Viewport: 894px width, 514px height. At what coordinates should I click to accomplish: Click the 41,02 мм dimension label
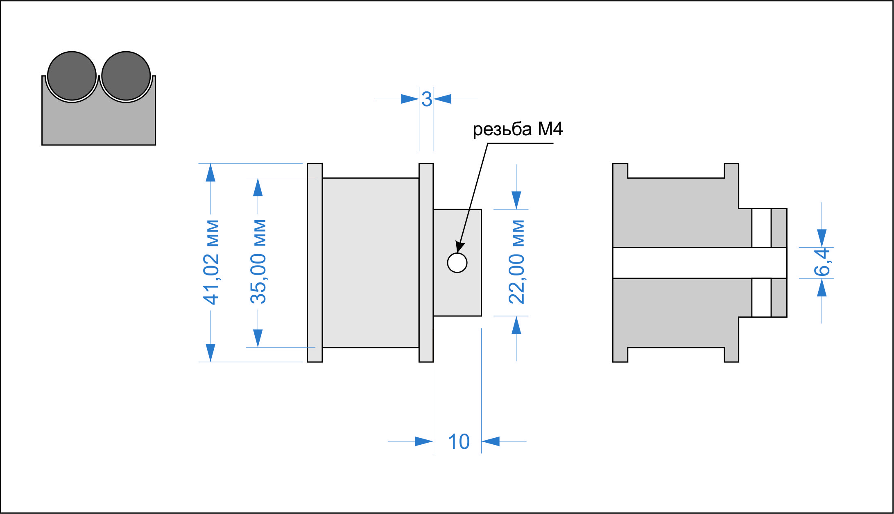(211, 262)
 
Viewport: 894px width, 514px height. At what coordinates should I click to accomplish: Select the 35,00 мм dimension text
(258, 262)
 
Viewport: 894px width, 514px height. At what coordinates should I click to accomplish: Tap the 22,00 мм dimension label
(516, 262)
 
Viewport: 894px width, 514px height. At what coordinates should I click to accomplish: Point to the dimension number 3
(427, 99)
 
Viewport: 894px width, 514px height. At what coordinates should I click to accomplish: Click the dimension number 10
(459, 442)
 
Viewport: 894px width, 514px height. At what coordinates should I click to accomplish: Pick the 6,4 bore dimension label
(822, 262)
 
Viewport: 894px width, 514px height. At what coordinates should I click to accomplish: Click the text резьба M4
(518, 129)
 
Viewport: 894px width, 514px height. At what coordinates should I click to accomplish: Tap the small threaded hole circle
(457, 263)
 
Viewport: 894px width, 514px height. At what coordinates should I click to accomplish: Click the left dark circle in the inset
(72, 76)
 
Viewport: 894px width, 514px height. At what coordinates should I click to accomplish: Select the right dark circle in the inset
(126, 76)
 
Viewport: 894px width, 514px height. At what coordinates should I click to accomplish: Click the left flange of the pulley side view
(315, 263)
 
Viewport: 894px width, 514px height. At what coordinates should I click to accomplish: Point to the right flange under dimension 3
(426, 263)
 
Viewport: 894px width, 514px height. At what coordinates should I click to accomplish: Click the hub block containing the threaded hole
(457, 263)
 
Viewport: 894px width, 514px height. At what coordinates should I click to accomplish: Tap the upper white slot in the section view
(761, 228)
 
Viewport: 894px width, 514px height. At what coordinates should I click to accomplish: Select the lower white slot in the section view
(761, 298)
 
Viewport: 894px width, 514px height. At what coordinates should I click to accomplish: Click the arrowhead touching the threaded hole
(460, 247)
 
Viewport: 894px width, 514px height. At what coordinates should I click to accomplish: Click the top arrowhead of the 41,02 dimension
(210, 172)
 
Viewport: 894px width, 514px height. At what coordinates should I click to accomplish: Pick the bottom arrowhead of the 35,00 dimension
(258, 339)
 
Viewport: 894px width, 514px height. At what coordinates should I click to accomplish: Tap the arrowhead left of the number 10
(424, 441)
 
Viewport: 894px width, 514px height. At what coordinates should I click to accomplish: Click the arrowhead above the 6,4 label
(822, 238)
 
